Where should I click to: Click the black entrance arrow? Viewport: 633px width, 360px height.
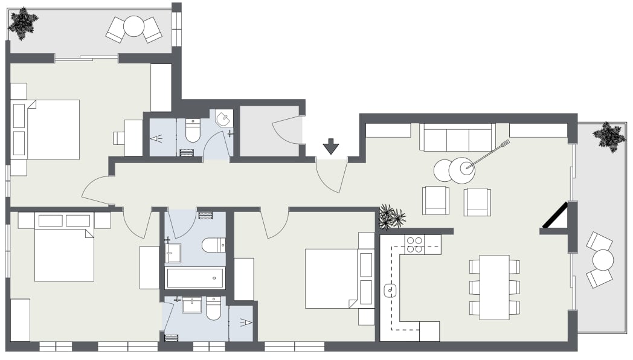(x=331, y=146)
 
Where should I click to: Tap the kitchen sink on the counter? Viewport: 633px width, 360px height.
(x=391, y=291)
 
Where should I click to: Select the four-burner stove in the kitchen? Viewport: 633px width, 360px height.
(x=414, y=244)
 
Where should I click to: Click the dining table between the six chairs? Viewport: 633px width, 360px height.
(x=494, y=287)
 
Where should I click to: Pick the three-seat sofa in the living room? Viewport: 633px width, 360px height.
(x=457, y=138)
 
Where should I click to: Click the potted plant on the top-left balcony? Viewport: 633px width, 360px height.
(x=23, y=23)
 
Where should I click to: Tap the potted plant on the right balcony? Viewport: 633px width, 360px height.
(x=608, y=136)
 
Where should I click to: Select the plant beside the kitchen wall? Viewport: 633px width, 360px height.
(x=391, y=217)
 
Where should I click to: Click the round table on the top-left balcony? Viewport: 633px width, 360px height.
(x=134, y=27)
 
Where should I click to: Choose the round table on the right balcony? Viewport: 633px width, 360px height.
(x=603, y=260)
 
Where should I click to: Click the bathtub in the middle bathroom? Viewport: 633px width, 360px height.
(x=194, y=278)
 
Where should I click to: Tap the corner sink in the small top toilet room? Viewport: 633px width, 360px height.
(x=223, y=118)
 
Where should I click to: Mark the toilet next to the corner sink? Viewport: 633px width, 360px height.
(x=193, y=130)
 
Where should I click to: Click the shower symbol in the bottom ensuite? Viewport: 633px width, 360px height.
(x=245, y=323)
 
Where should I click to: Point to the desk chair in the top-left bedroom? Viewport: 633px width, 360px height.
(x=118, y=138)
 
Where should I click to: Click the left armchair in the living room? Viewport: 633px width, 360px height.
(x=435, y=201)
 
